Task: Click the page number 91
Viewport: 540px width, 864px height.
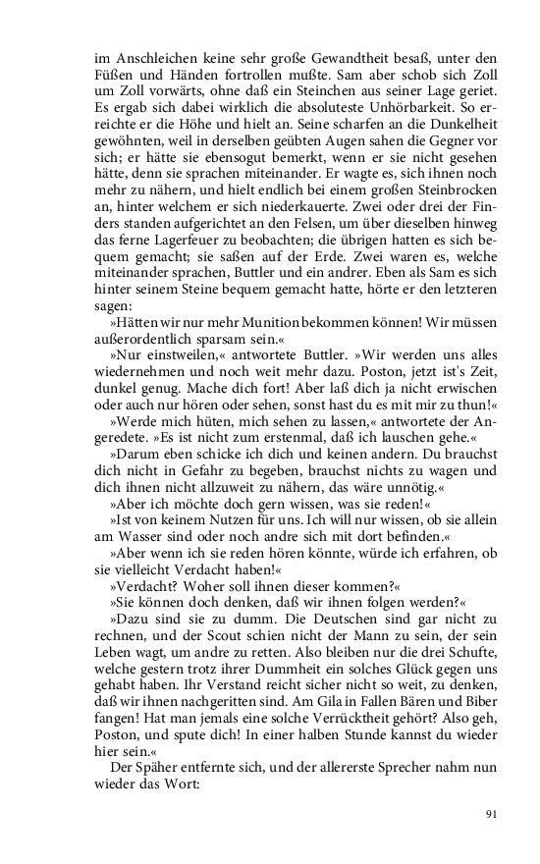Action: (x=493, y=813)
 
